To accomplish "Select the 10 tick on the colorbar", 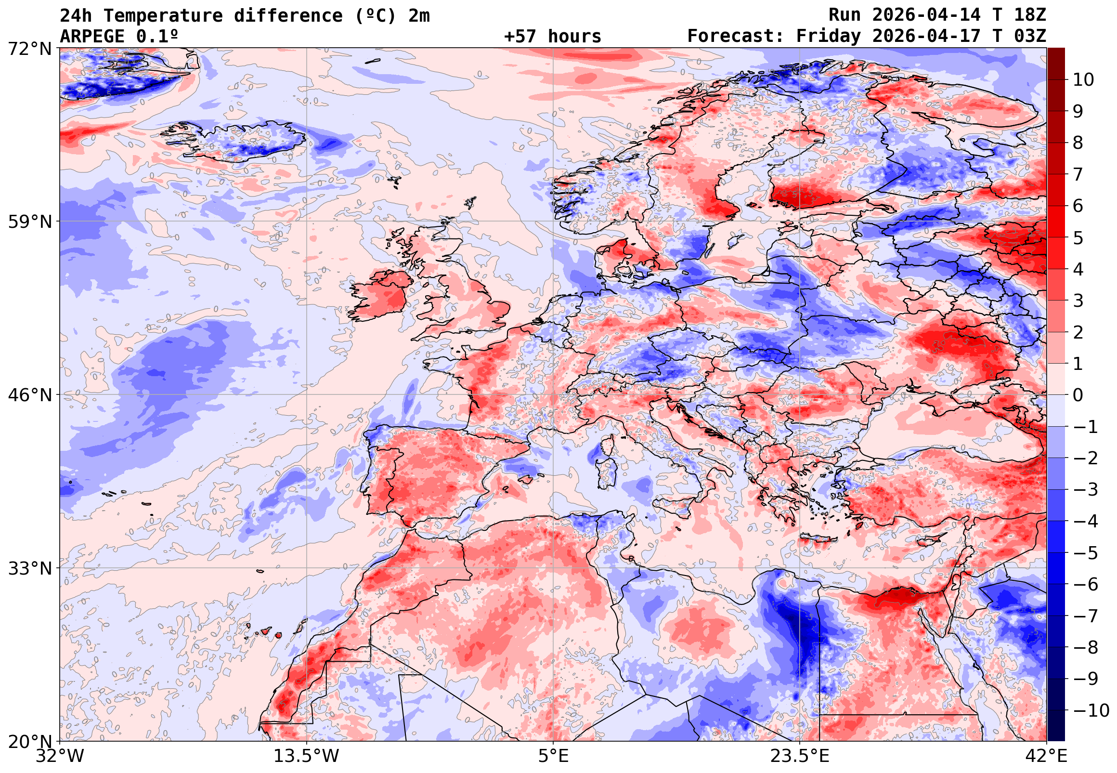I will [x=1084, y=80].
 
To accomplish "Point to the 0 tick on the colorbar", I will [x=1078, y=395].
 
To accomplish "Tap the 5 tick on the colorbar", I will [x=1078, y=238].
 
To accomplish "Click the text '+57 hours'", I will [x=552, y=36].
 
